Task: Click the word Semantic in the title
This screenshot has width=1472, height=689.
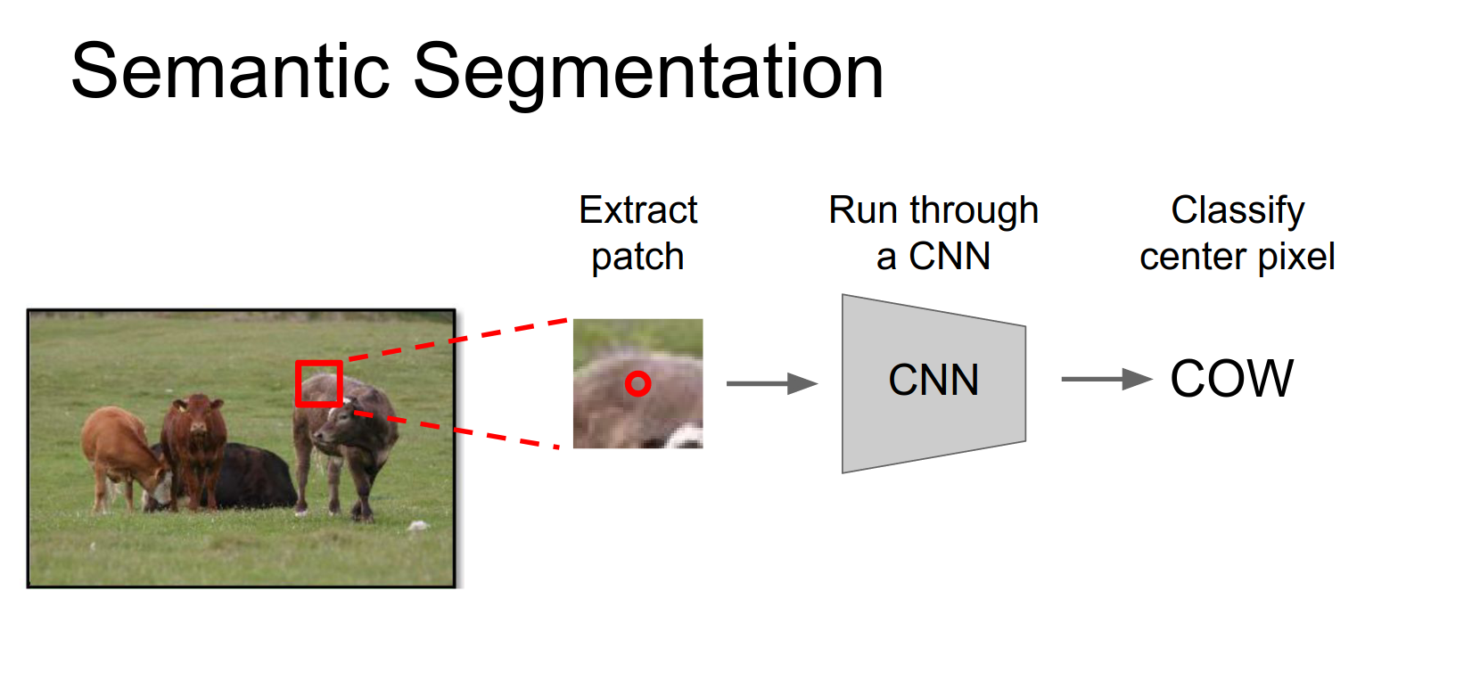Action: [x=230, y=71]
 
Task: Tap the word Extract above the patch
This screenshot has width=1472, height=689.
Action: [x=637, y=210]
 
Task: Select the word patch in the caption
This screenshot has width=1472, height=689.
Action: [x=637, y=258]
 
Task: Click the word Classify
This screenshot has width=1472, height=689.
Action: [x=1238, y=211]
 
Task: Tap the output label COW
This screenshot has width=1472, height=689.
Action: [x=1231, y=379]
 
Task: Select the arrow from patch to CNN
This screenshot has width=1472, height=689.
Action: [x=771, y=383]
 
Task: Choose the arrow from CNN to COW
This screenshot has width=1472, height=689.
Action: [x=1106, y=379]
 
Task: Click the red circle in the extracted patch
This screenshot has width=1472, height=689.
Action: [x=637, y=383]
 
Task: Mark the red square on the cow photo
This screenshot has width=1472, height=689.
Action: [x=319, y=383]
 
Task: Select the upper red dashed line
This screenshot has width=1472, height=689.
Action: [x=455, y=340]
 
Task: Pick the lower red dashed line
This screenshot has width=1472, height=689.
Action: [x=455, y=431]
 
